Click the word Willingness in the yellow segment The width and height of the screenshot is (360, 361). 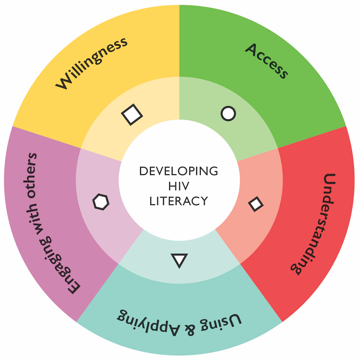[91, 63]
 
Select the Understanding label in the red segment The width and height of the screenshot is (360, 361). [313, 224]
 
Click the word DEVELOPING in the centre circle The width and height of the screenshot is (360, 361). [179, 171]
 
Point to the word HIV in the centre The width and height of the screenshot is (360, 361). [179, 186]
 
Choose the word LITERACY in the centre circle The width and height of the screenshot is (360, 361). [179, 201]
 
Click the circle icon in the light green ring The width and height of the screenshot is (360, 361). [228, 114]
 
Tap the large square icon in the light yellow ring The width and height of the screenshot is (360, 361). [132, 114]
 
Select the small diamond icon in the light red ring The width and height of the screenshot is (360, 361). [256, 204]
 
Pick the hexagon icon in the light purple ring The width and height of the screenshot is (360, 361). [101, 202]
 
